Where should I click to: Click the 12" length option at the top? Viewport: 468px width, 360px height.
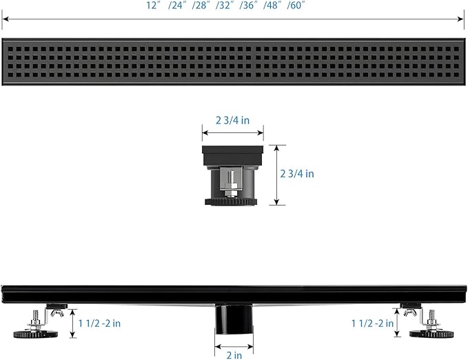(x=154, y=6)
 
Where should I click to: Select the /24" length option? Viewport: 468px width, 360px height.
(x=177, y=6)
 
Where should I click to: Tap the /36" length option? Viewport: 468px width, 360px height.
(x=248, y=6)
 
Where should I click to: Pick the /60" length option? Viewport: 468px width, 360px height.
(x=296, y=6)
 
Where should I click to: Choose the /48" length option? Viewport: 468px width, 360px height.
(x=272, y=6)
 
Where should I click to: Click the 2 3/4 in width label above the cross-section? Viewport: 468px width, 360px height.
(x=232, y=121)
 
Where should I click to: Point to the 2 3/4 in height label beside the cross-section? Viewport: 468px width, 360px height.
(x=297, y=174)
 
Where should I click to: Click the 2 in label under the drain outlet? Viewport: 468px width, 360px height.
(x=234, y=355)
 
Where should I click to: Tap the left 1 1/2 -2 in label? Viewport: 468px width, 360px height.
(x=99, y=323)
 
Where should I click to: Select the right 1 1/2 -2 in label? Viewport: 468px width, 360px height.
(x=372, y=323)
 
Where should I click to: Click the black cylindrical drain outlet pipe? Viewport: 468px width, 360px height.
(x=234, y=319)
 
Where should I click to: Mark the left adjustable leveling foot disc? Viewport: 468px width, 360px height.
(x=36, y=334)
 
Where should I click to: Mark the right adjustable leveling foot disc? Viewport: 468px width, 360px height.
(x=431, y=334)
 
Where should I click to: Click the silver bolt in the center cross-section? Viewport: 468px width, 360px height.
(x=230, y=183)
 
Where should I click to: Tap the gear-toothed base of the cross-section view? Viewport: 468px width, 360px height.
(x=231, y=202)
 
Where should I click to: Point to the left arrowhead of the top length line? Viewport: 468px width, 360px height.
(x=6, y=19)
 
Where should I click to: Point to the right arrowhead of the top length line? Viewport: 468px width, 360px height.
(x=460, y=19)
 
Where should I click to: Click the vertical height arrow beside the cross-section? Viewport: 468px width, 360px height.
(x=276, y=175)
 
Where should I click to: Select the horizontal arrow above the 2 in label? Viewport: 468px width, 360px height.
(x=234, y=347)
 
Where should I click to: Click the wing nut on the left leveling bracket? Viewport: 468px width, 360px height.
(x=57, y=312)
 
